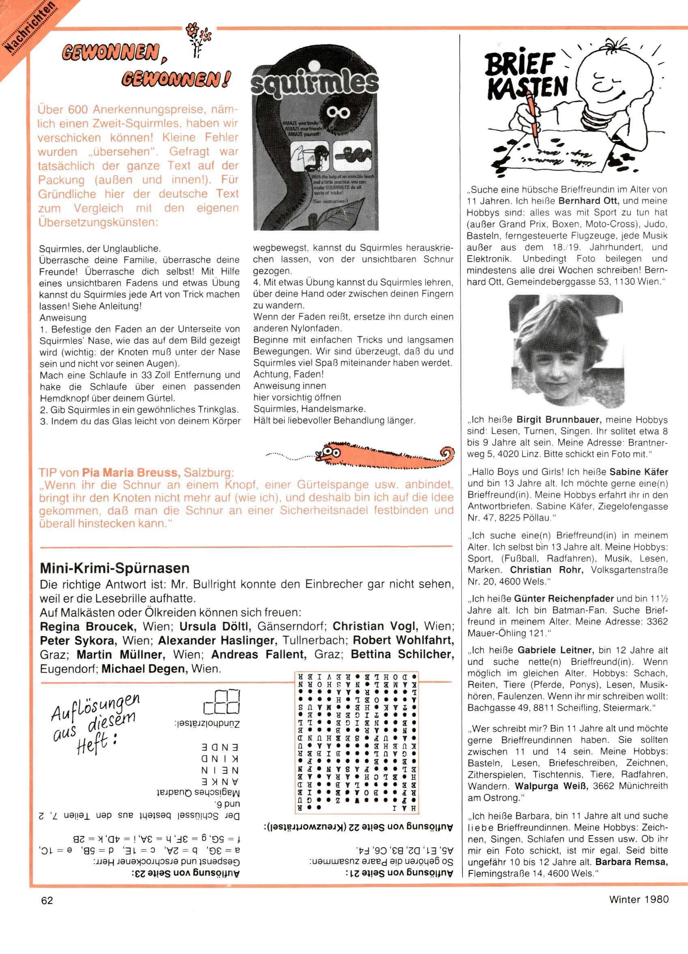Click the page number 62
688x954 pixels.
[x=47, y=900]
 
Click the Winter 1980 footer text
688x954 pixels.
[x=639, y=899]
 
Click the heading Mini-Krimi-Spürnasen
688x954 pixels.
[x=114, y=568]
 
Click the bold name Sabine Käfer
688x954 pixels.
[x=639, y=472]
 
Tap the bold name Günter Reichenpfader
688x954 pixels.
[x=564, y=599]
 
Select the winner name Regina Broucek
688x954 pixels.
[x=88, y=627]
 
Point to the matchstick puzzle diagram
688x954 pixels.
[x=222, y=702]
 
